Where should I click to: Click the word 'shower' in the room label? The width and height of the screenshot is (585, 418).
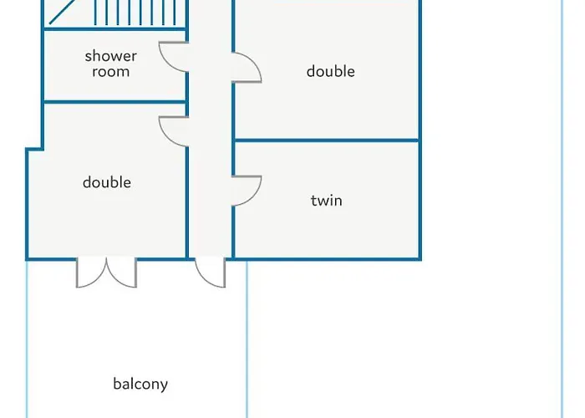point(110,56)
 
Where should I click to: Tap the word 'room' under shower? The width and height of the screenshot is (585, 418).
point(111,72)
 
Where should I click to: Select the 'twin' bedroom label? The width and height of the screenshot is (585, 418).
point(327,201)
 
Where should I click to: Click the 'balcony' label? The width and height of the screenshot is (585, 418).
point(140,384)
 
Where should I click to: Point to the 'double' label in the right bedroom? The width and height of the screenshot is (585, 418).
point(331,71)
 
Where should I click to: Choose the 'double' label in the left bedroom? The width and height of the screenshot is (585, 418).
point(107,182)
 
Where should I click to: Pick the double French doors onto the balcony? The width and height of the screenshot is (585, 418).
point(106,273)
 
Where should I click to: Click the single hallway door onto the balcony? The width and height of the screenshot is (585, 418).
point(210,273)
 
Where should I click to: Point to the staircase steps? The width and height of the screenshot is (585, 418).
point(135,13)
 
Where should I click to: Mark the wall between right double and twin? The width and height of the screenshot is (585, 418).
point(327,140)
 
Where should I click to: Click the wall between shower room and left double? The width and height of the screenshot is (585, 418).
point(115,102)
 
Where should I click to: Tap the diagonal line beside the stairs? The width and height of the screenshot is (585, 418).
point(62,13)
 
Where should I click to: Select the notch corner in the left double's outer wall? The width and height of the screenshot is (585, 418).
point(42,150)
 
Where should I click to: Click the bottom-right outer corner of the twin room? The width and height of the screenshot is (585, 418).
point(420,259)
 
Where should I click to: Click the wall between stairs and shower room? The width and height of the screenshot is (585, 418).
point(115,28)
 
